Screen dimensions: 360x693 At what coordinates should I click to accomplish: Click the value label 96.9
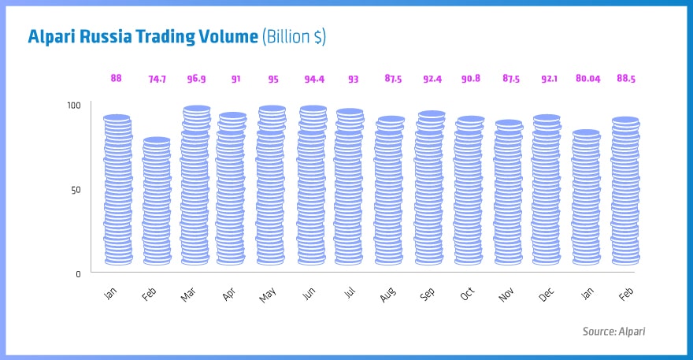click(196, 79)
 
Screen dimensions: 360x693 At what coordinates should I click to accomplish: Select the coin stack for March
click(196, 186)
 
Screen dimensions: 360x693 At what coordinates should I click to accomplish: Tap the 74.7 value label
click(157, 79)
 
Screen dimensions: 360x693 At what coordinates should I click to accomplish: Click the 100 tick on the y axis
click(73, 106)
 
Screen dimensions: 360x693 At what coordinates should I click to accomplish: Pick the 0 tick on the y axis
click(77, 274)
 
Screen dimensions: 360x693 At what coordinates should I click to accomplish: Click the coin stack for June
click(313, 186)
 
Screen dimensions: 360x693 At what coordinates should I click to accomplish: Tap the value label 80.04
click(586, 79)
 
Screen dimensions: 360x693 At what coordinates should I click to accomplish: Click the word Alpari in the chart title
click(54, 37)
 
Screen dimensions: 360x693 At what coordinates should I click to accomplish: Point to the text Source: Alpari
click(613, 332)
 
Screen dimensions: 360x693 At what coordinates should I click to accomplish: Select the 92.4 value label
click(431, 79)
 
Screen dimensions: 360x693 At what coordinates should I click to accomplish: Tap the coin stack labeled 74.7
click(157, 202)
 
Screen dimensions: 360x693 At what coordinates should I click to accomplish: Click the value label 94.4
click(313, 79)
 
